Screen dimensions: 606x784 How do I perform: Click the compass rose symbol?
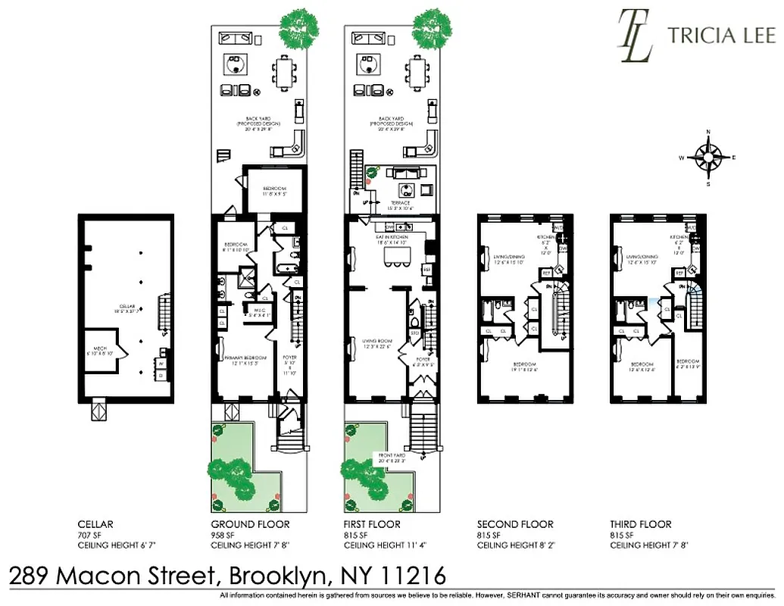(707, 158)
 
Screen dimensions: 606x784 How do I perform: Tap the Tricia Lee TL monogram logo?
(636, 35)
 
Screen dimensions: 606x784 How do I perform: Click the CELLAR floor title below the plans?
(95, 524)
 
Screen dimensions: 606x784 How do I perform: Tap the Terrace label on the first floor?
(399, 203)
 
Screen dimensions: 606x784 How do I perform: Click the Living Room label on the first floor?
(376, 342)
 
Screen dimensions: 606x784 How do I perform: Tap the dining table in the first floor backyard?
(417, 73)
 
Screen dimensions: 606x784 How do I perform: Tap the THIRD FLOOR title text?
(641, 524)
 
